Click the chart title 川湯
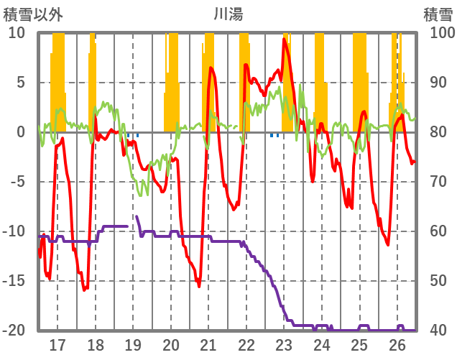coord(228,13)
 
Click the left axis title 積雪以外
coord(28,13)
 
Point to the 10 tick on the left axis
coord(17,33)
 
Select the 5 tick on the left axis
coord(20,83)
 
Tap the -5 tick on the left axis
coord(17,182)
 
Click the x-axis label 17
coord(57,345)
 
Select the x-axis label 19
coord(133,345)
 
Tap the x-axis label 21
coord(208,345)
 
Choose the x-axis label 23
coord(284,345)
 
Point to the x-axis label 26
coord(397,345)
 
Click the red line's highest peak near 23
coord(285,39)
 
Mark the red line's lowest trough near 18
coord(84,290)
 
